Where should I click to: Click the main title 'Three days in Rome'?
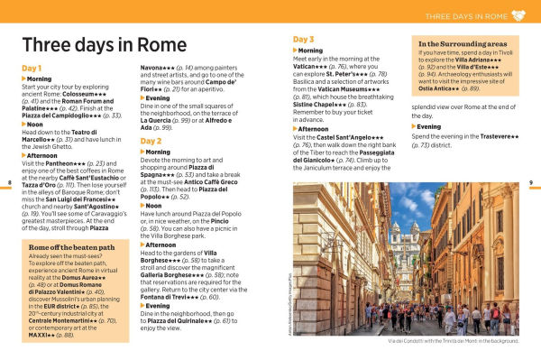(104, 45)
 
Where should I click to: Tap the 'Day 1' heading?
(32, 69)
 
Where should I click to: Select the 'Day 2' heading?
(151, 142)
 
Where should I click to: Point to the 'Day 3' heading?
(304, 40)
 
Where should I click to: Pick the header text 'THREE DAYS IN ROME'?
(463, 16)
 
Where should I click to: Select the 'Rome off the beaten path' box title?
(71, 246)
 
